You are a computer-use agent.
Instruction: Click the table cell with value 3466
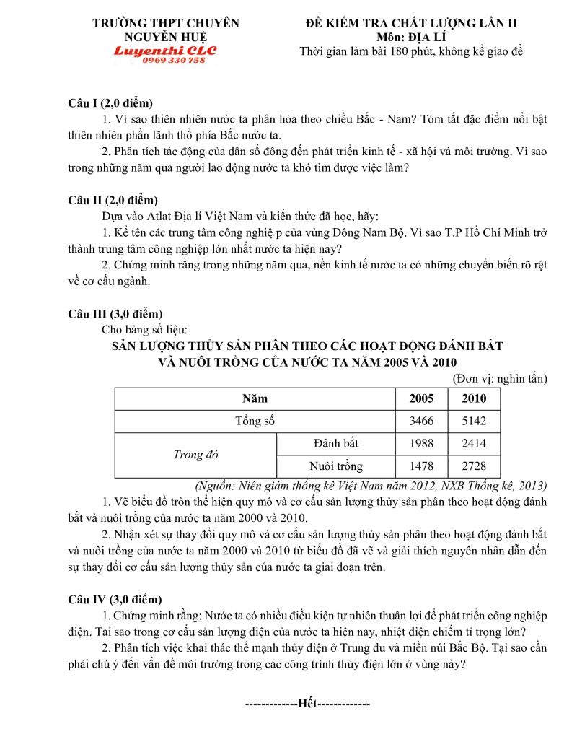tap(421, 420)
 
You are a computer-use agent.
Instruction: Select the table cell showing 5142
tap(474, 420)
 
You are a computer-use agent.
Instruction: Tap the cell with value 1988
tap(421, 443)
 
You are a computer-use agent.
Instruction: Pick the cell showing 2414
tap(474, 443)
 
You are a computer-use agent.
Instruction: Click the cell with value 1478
tap(421, 466)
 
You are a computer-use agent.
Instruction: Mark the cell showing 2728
tap(474, 466)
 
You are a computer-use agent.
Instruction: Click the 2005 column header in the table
tap(421, 398)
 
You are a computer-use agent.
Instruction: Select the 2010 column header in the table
tap(474, 398)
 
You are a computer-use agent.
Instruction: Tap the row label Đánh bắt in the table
tap(336, 443)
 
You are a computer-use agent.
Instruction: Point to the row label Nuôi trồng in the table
tap(336, 466)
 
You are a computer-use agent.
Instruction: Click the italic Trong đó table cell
tap(195, 455)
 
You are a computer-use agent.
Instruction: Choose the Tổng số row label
tap(255, 420)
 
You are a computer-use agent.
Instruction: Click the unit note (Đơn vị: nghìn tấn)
tap(500, 378)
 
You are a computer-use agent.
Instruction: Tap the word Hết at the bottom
tap(308, 703)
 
